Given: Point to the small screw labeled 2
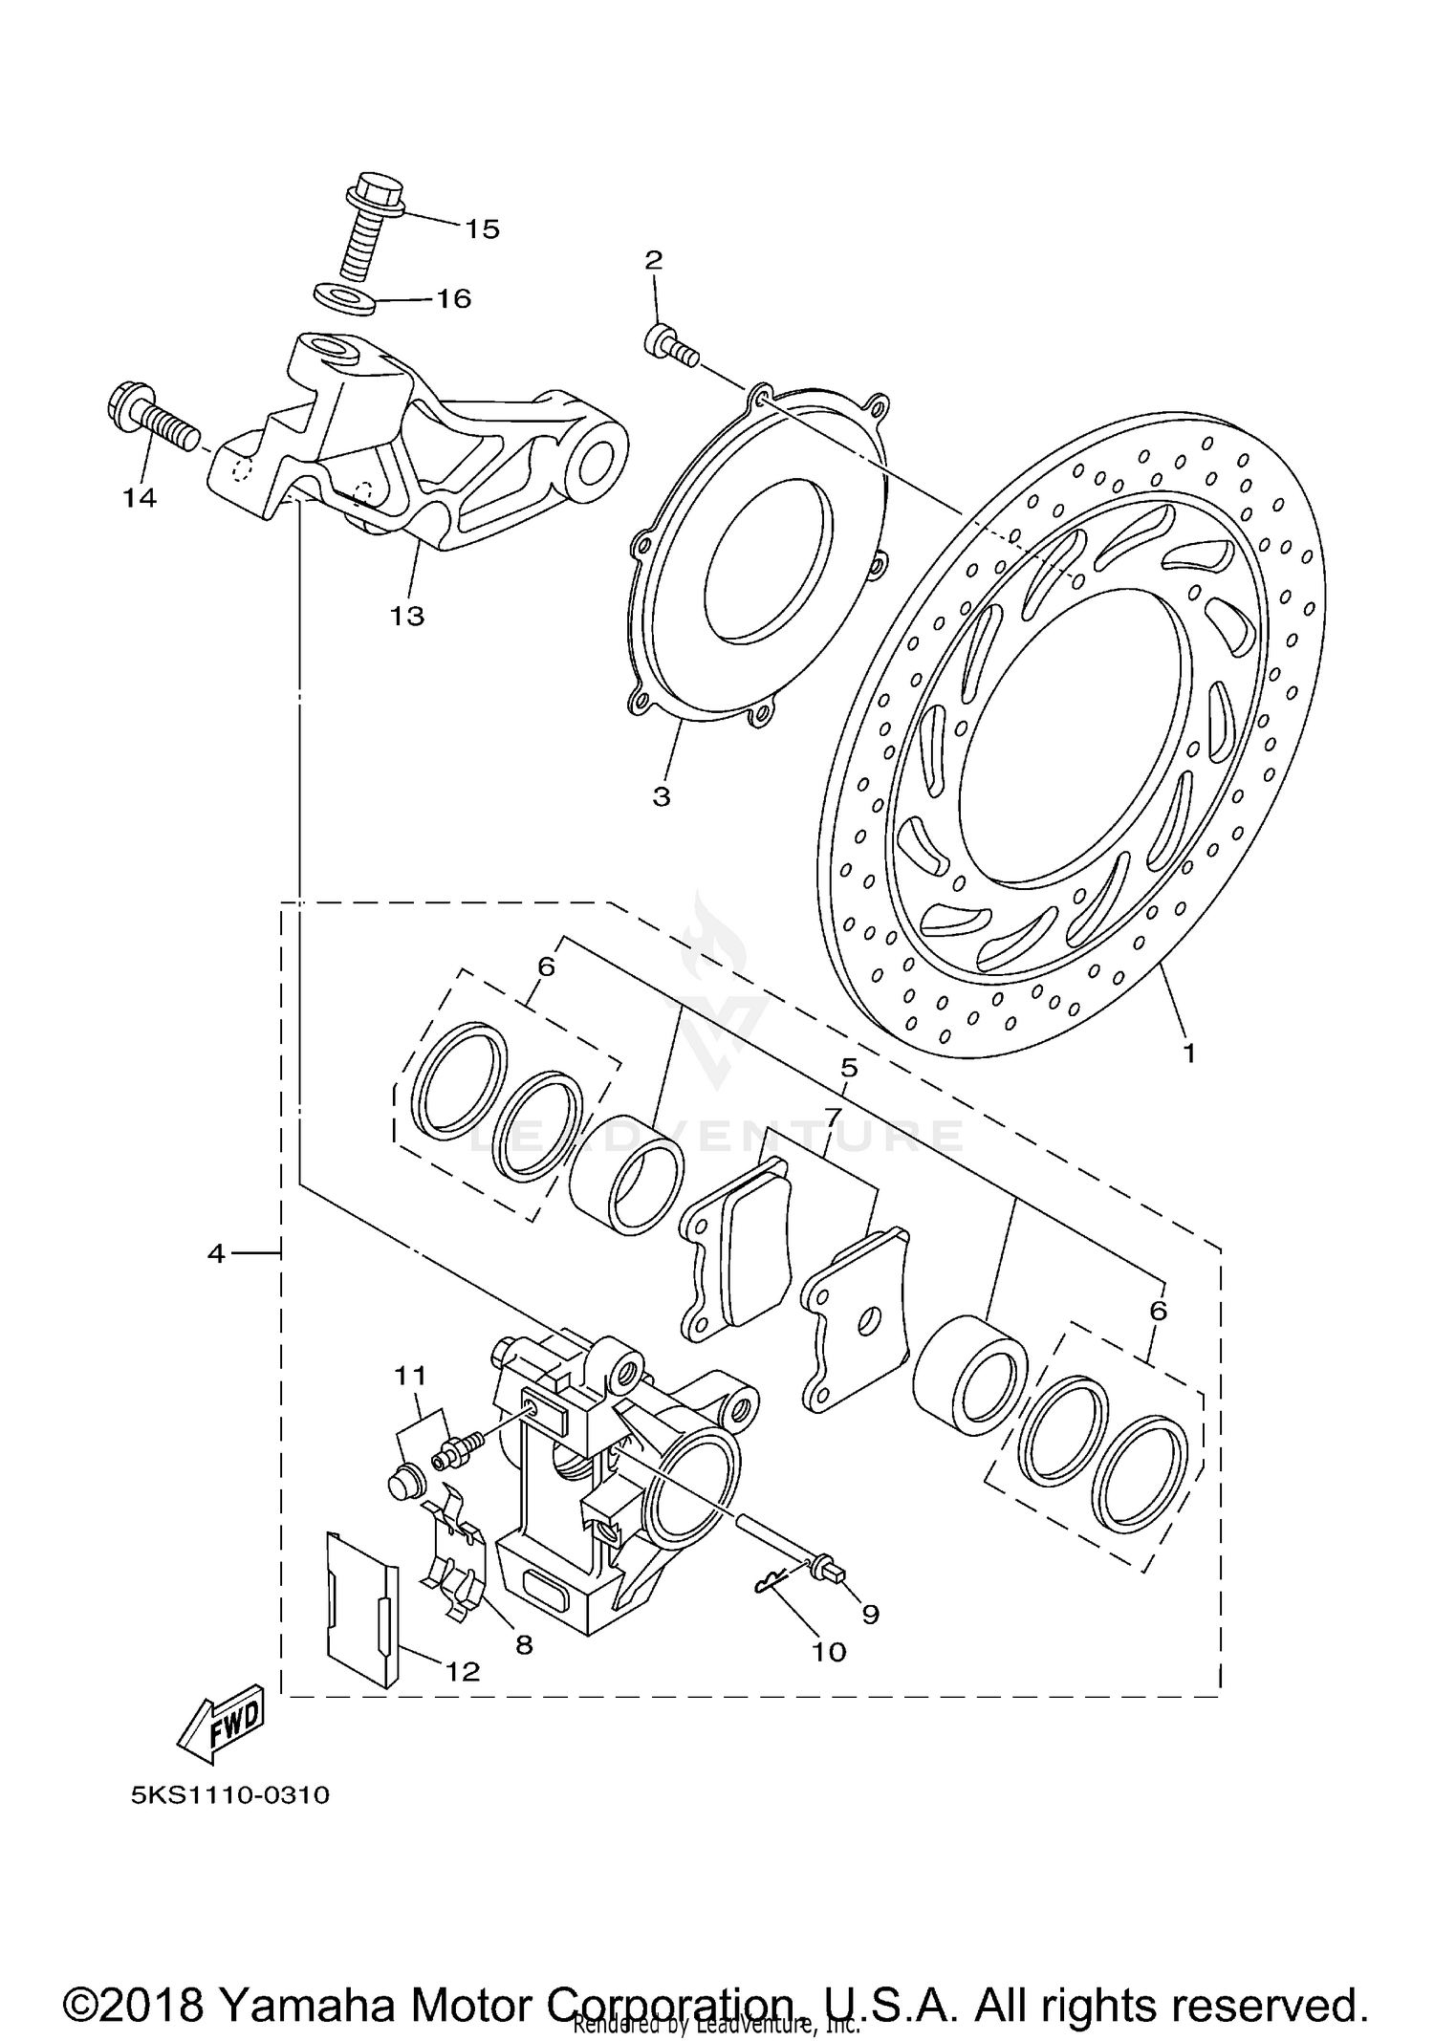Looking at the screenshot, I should pyautogui.click(x=670, y=347).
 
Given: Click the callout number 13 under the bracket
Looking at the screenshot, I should pyautogui.click(x=406, y=616).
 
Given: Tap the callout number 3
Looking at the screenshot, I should pyautogui.click(x=662, y=796).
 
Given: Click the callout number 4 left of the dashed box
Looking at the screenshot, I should pyautogui.click(x=217, y=1252).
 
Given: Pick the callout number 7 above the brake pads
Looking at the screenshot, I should pyautogui.click(x=832, y=1116).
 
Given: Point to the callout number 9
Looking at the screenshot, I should pyautogui.click(x=870, y=1614).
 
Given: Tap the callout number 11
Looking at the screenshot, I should pyautogui.click(x=410, y=1376).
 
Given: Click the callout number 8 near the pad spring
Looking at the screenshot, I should pyautogui.click(x=523, y=1644).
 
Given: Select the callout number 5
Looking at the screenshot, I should pyautogui.click(x=849, y=1067).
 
